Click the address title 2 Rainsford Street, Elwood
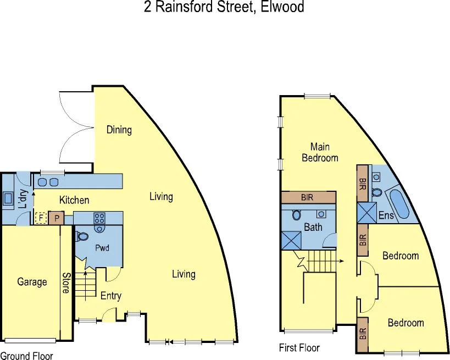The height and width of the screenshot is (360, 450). (x=224, y=7)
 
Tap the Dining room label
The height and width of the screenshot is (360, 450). (x=119, y=130)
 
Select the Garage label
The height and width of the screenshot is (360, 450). (x=32, y=282)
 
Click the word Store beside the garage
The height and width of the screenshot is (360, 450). (x=65, y=283)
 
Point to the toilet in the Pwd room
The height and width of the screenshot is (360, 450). (x=82, y=236)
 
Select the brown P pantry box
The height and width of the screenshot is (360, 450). (x=55, y=218)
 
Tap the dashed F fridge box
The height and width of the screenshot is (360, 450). (x=40, y=218)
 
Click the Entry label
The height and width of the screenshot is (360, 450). (x=110, y=296)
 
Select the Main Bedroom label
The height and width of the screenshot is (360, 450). (x=320, y=152)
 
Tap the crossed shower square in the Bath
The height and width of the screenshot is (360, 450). (x=290, y=240)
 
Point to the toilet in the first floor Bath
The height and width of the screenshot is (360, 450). (x=297, y=214)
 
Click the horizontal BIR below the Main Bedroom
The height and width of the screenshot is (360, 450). (x=308, y=197)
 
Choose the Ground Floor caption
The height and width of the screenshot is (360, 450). (x=26, y=356)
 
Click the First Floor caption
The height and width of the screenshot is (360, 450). (x=299, y=347)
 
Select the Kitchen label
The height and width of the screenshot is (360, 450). (x=74, y=200)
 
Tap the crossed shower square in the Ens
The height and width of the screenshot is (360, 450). (x=366, y=212)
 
